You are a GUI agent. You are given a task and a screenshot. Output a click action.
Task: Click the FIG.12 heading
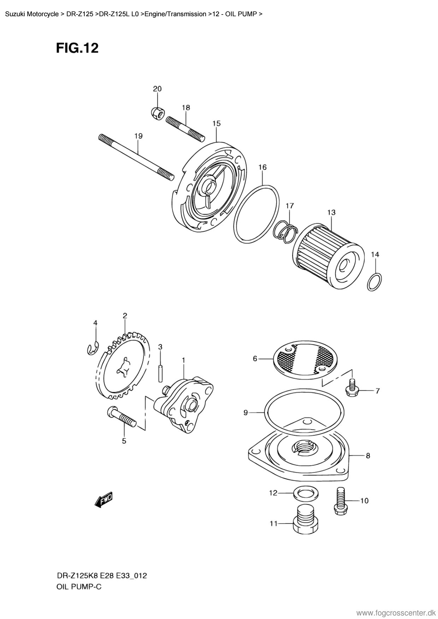click(77, 48)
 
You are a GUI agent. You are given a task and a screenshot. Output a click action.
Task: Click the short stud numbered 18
click(185, 129)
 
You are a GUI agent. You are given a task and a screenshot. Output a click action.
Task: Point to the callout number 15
click(217, 123)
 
